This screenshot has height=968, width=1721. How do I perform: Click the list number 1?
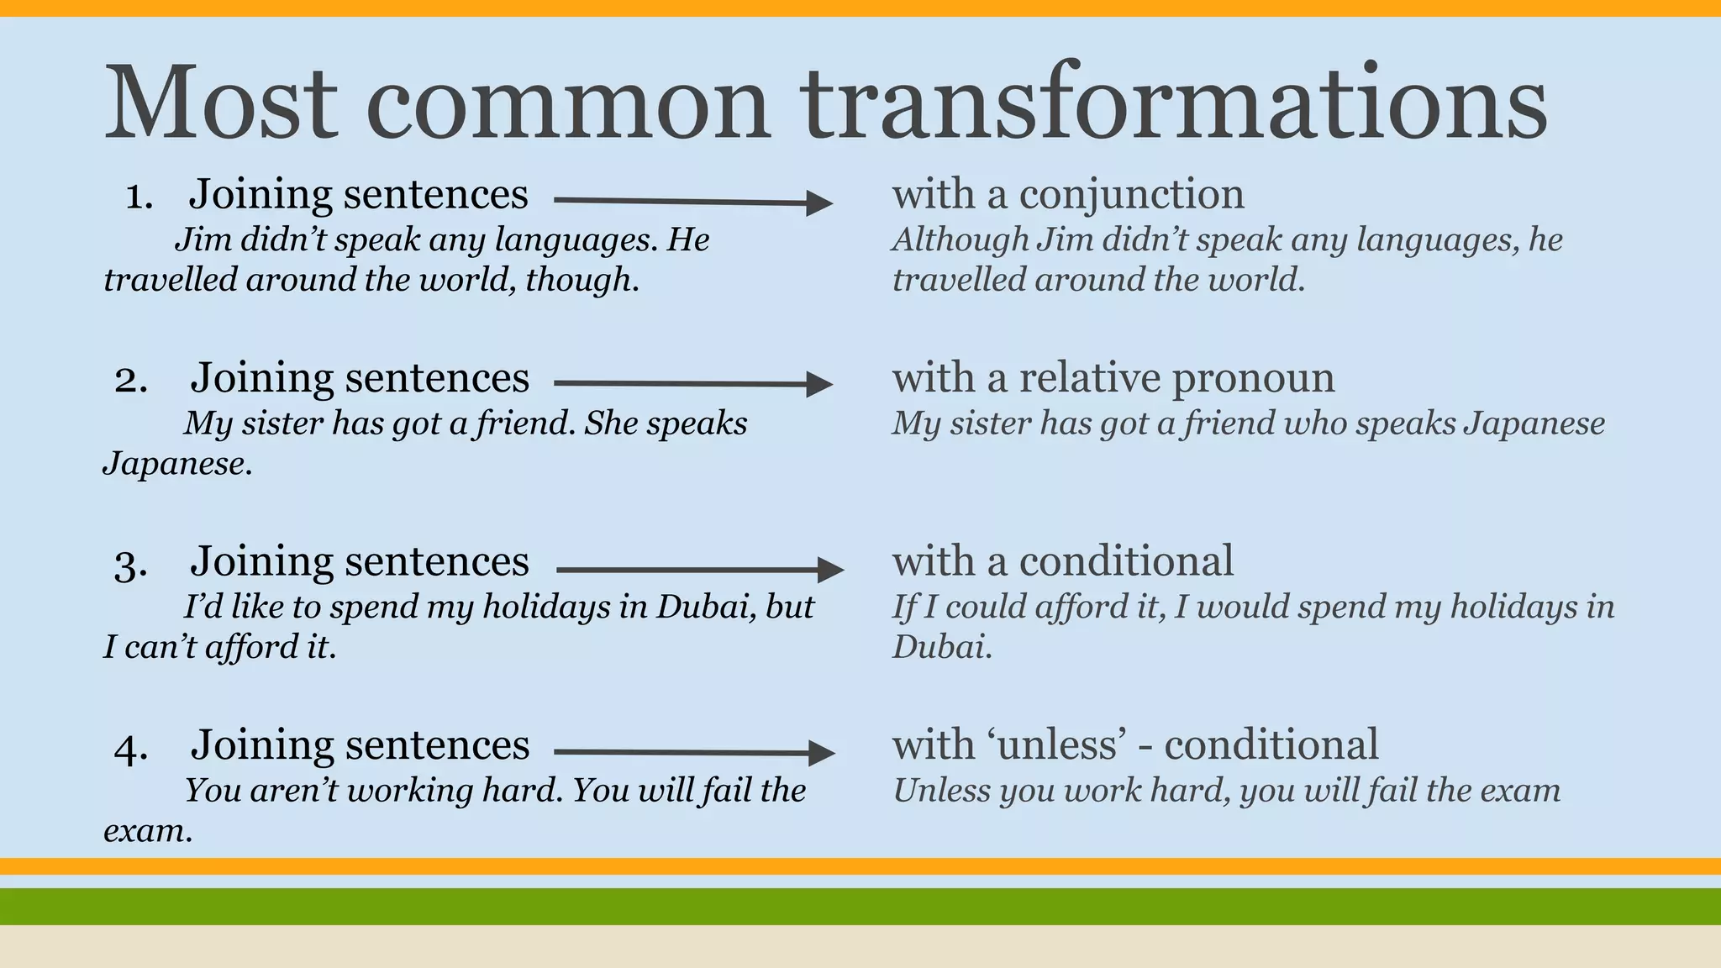click(139, 197)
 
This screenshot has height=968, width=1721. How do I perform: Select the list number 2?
click(131, 380)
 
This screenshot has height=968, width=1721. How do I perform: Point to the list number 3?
click(131, 564)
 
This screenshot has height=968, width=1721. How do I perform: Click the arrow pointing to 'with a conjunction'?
click(692, 202)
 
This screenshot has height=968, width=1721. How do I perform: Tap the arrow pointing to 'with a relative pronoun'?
click(692, 384)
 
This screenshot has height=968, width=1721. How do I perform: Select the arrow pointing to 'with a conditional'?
click(699, 570)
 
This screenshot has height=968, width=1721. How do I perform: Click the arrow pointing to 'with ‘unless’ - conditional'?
click(694, 752)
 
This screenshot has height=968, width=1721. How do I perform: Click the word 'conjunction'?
click(1131, 195)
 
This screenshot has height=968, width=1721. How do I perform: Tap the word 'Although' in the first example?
click(960, 240)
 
